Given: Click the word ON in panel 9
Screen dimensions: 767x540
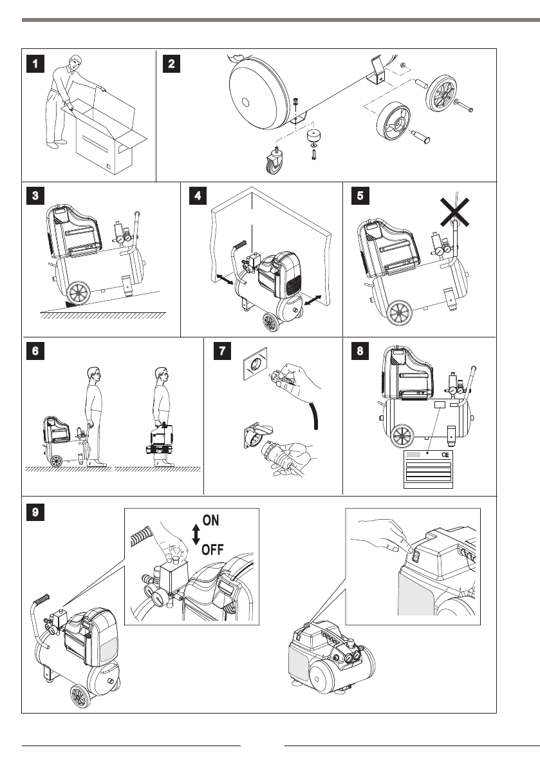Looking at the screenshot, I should pyautogui.click(x=215, y=520).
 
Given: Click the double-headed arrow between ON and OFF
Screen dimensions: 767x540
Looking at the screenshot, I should pyautogui.click(x=196, y=535).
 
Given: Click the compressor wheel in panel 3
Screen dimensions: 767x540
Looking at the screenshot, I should pyautogui.click(x=79, y=294).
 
